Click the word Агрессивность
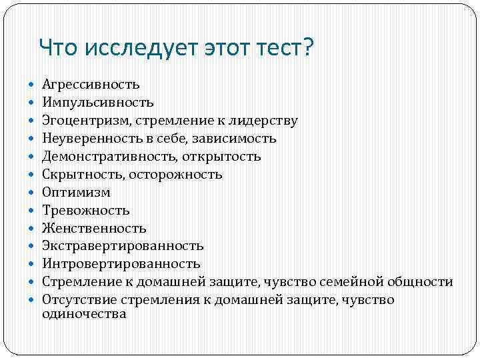click(x=91, y=85)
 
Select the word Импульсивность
click(x=97, y=103)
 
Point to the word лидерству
click(x=264, y=121)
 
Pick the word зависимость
click(x=237, y=139)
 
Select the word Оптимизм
click(x=76, y=193)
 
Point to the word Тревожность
click(x=85, y=211)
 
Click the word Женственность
click(x=94, y=229)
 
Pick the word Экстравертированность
click(x=123, y=247)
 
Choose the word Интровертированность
click(x=121, y=265)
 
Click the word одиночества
click(x=84, y=314)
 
